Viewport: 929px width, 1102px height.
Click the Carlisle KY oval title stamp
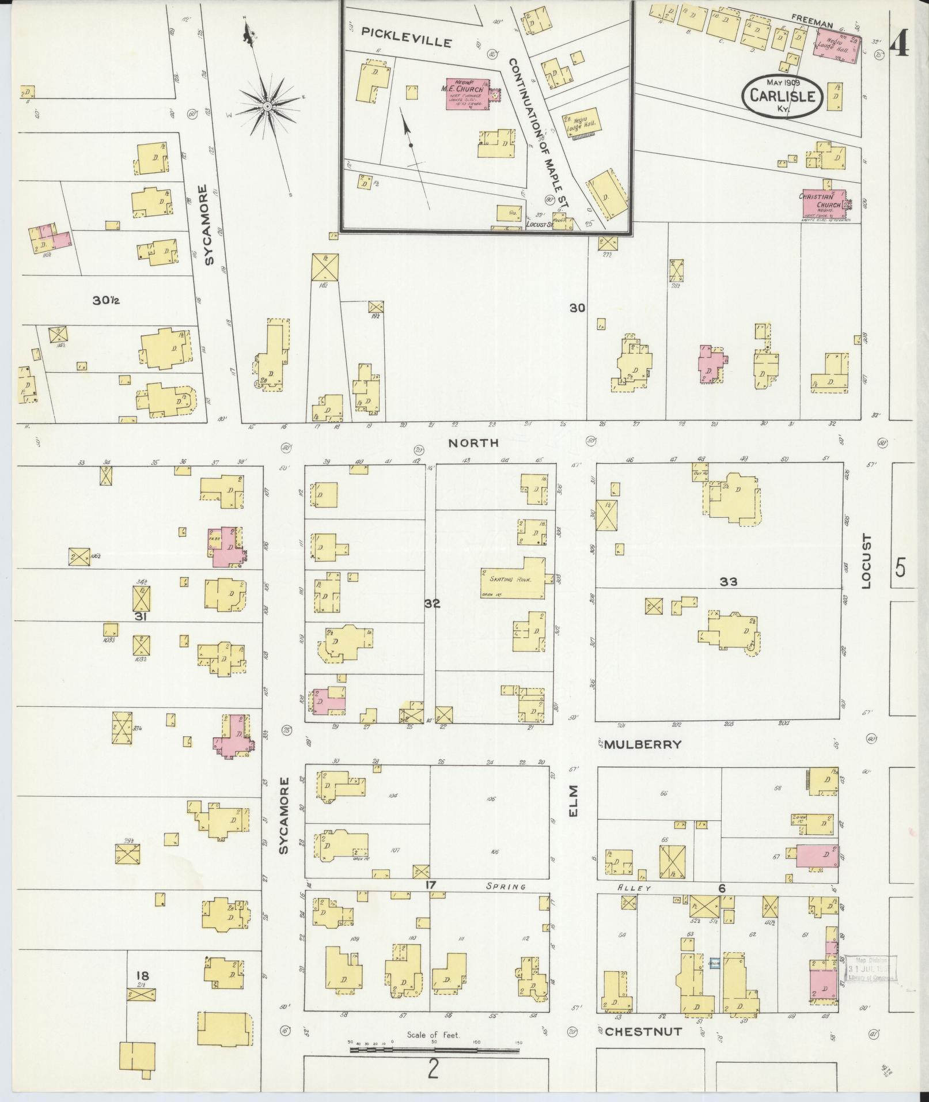pos(782,97)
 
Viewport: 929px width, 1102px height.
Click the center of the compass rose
pos(268,107)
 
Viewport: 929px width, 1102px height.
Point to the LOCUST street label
pos(867,561)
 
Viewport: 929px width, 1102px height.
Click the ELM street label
pos(572,801)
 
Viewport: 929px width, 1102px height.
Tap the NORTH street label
pos(473,442)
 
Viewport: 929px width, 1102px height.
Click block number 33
pos(728,582)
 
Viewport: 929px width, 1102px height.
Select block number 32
pos(432,604)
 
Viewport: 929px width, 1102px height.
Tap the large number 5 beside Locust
pos(900,568)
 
